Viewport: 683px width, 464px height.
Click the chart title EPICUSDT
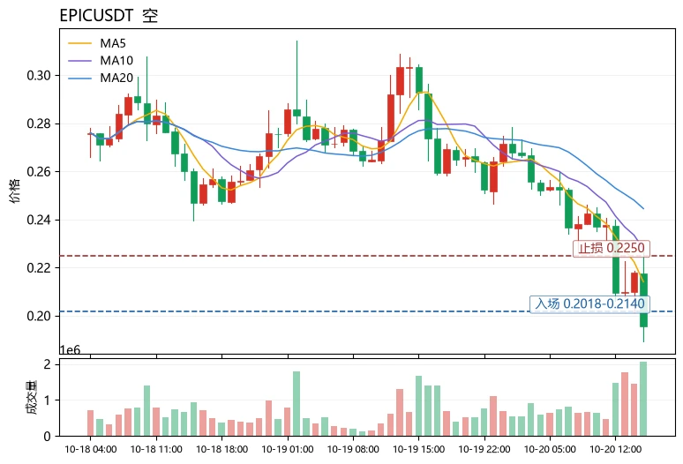tap(96, 16)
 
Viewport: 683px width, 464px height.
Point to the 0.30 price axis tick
tap(39, 75)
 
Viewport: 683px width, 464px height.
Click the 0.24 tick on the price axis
tap(39, 220)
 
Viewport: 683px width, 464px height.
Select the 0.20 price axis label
tap(39, 316)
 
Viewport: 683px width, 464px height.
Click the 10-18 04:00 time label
tap(91, 449)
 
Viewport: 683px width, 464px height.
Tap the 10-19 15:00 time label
tap(418, 449)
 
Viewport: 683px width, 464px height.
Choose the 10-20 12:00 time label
tap(615, 449)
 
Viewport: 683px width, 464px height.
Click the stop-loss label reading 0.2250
tap(612, 248)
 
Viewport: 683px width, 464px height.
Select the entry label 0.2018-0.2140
tap(589, 303)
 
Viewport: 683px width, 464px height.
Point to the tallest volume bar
tap(643, 399)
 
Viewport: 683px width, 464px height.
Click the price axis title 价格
tap(14, 191)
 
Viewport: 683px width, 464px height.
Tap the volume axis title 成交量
tap(32, 397)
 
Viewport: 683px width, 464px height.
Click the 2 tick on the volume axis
tap(47, 364)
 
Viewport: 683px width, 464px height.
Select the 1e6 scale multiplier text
tap(70, 350)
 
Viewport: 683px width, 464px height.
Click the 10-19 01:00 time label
tap(288, 449)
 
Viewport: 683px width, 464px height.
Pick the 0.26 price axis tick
tap(39, 171)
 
